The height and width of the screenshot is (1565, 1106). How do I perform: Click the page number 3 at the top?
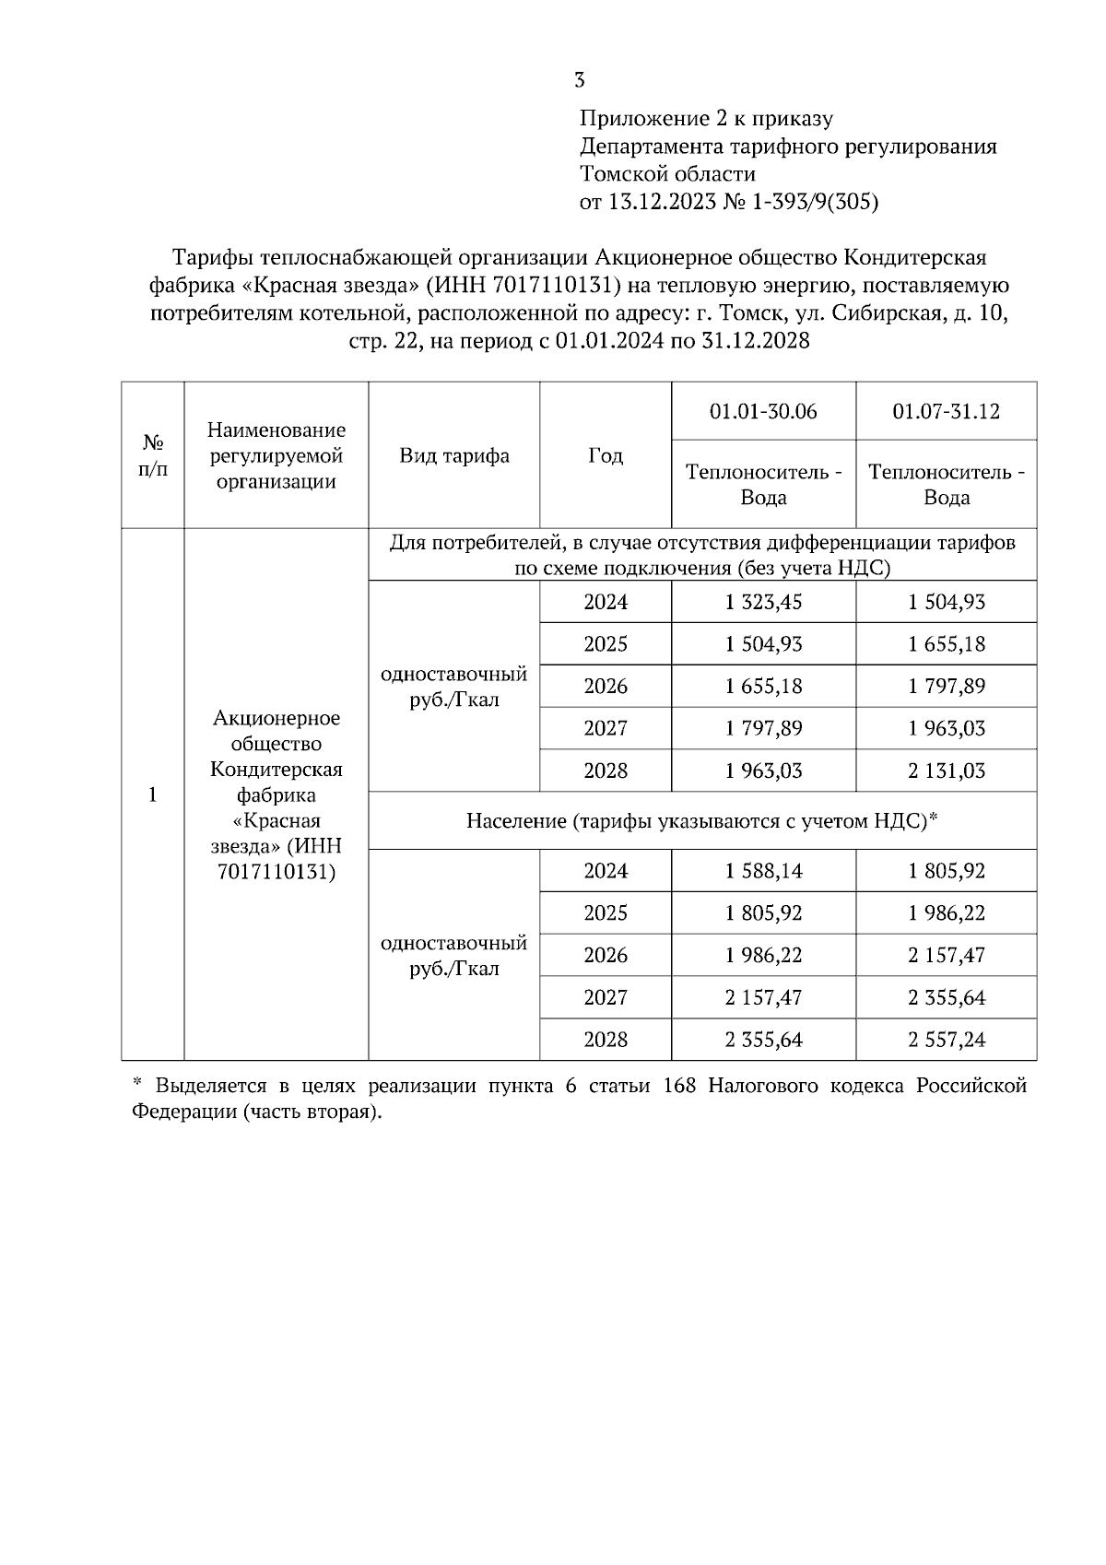coord(579,80)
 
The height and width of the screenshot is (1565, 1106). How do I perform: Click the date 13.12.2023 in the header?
coord(661,202)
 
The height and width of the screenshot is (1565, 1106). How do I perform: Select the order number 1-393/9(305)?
coord(816,202)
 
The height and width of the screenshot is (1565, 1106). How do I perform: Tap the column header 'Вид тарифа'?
coord(453,455)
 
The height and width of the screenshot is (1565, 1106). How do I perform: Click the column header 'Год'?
coord(606,455)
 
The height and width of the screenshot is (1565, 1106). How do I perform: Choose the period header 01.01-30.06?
coord(763,411)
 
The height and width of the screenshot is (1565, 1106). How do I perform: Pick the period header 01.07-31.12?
coord(946,411)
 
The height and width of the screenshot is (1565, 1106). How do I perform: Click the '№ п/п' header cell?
coord(153,455)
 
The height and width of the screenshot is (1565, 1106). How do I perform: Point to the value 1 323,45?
coord(763,602)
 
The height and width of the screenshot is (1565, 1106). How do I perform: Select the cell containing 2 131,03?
coord(946,771)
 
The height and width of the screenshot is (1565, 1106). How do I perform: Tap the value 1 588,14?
coord(763,871)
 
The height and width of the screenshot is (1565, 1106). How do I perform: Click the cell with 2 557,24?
coord(946,1040)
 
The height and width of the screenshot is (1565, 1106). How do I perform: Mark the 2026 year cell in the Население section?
coord(606,955)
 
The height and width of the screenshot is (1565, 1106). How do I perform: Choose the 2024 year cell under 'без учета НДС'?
coord(606,602)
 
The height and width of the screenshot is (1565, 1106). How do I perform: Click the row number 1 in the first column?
coord(153,794)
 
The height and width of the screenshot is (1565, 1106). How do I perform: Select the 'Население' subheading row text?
coord(701,820)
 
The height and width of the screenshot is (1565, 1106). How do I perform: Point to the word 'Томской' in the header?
coord(621,174)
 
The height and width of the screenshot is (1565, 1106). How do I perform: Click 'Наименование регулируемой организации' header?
coord(276,455)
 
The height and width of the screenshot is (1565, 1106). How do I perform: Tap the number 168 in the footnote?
coord(679,1086)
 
